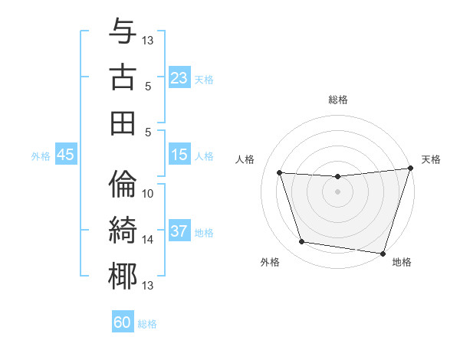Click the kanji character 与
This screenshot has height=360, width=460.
tap(123, 33)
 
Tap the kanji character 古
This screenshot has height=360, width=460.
tap(123, 77)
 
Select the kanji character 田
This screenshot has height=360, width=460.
tap(123, 123)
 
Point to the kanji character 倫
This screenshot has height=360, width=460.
tap(123, 185)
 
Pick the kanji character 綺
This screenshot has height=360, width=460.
tap(123, 230)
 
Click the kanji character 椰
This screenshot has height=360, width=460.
tap(123, 276)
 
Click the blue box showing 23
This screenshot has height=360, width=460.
tap(179, 78)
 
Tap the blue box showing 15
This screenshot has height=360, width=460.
tap(179, 155)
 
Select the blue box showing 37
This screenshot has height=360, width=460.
tap(179, 232)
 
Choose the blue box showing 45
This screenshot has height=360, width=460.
tap(66, 155)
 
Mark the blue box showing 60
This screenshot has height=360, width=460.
tap(123, 322)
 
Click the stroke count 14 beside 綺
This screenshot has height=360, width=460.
tap(148, 240)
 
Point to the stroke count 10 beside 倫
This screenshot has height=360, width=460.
tap(148, 194)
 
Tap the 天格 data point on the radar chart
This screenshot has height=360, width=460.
tap(410, 169)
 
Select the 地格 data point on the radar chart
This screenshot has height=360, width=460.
tap(383, 253)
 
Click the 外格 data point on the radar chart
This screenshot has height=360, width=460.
tap(302, 242)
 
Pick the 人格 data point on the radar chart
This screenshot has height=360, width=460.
tap(280, 173)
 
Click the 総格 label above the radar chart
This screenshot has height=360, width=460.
tap(338, 100)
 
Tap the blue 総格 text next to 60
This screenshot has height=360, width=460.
tap(147, 324)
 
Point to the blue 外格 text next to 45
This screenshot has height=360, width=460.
tap(41, 156)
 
